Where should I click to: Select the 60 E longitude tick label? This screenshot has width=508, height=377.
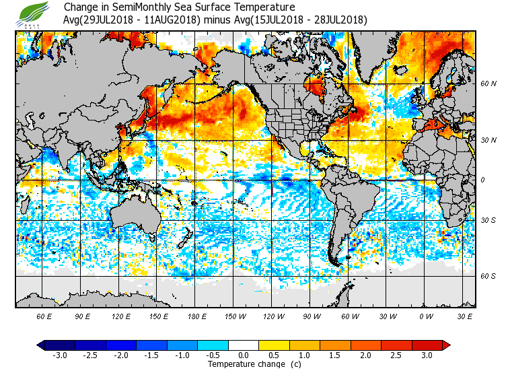coord(44,316)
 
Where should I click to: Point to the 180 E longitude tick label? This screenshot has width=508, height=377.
coord(196,316)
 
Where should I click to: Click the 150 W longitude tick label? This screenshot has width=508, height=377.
coord(235,316)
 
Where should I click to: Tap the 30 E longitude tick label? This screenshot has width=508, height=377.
coord(464,316)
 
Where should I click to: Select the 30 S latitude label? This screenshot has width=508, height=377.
coord(488,220)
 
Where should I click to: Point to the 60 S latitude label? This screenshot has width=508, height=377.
coord(488,276)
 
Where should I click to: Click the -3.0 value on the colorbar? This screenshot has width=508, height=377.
coord(59,355)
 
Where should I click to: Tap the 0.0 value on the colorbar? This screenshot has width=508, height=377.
coord(244,355)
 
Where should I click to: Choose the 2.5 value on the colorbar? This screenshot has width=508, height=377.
coord(397,355)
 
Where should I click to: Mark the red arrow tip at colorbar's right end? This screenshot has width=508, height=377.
coord(446,345)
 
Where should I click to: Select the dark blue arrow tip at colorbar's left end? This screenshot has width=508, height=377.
coord(41,345)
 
